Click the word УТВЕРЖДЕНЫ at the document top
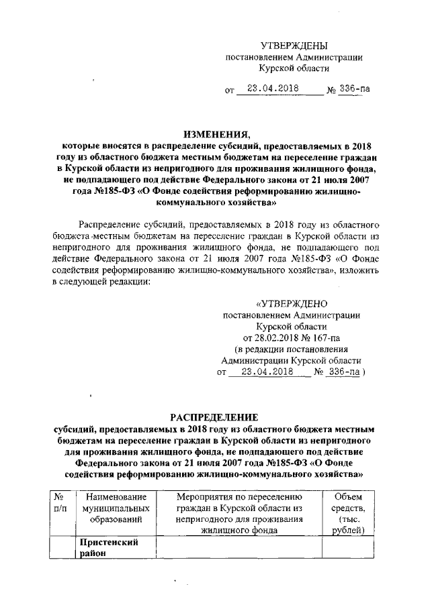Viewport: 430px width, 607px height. pos(294,46)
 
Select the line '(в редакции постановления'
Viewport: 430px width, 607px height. pos(290,349)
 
